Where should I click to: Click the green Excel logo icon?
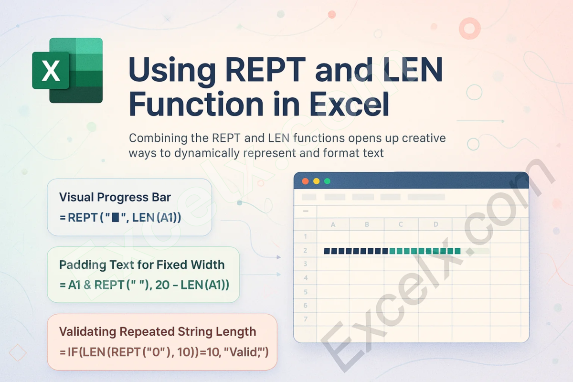(67, 70)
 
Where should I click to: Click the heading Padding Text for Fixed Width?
(142, 265)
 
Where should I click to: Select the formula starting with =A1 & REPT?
(144, 285)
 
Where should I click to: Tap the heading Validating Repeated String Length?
(158, 331)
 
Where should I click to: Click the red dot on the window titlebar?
(305, 181)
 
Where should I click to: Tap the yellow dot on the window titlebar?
(316, 181)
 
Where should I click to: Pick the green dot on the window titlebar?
(327, 181)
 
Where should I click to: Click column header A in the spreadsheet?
(333, 224)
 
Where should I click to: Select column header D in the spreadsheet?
(435, 224)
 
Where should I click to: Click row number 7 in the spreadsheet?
(306, 319)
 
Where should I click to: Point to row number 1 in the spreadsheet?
(306, 236)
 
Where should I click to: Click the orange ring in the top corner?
(469, 28)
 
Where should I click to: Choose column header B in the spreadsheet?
(367, 224)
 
